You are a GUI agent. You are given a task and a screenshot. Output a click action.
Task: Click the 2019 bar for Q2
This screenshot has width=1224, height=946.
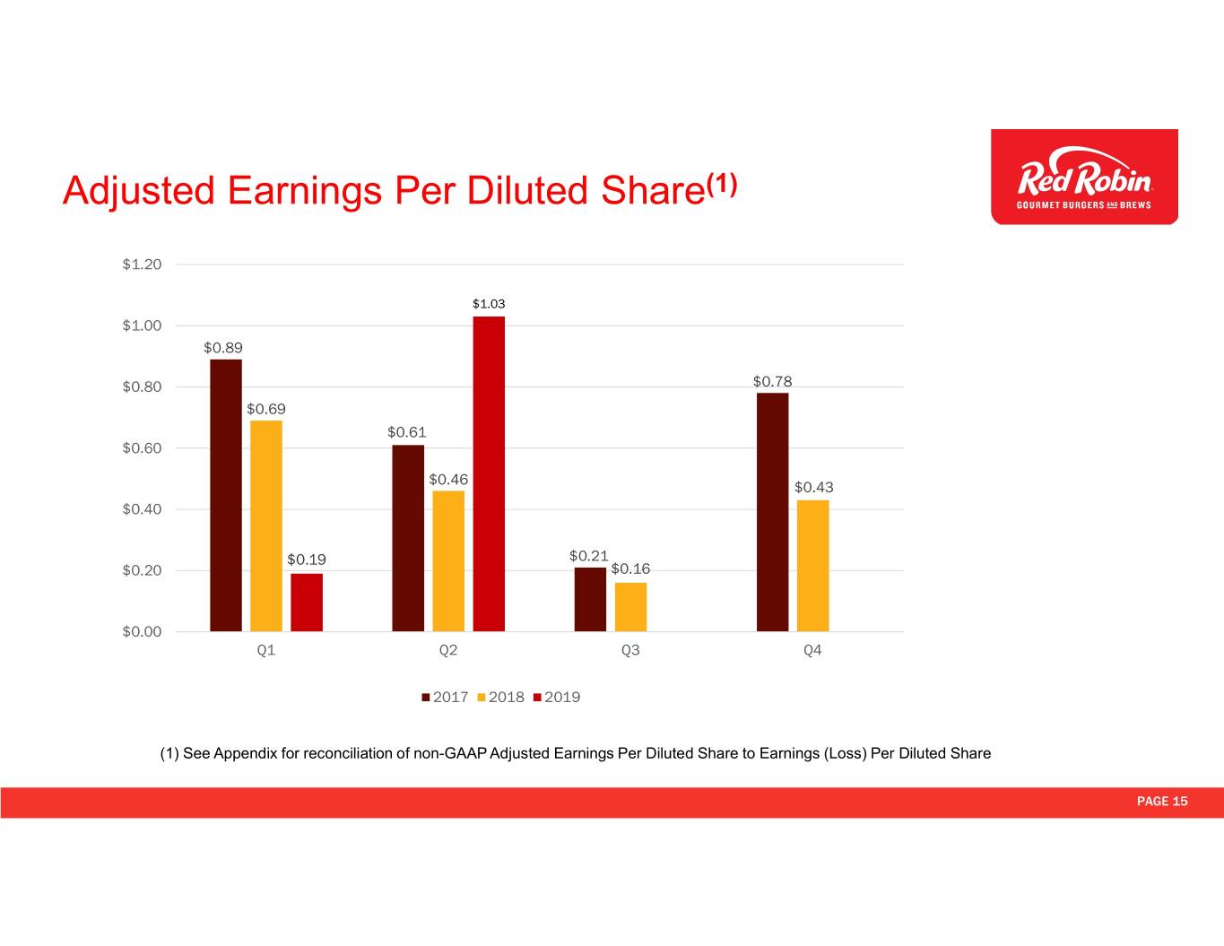(x=489, y=473)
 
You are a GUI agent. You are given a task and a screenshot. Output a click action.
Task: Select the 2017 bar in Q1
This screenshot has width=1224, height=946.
(x=226, y=495)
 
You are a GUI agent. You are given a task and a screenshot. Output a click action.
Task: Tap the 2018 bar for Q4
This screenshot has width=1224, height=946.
(x=812, y=565)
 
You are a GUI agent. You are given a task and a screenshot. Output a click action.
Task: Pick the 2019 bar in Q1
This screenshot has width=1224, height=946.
(x=307, y=602)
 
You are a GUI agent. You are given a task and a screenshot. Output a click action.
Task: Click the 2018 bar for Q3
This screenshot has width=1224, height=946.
(x=630, y=607)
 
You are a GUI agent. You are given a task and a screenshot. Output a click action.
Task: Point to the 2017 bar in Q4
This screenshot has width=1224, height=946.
(x=772, y=512)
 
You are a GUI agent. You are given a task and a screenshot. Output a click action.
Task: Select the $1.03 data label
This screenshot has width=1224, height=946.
(x=489, y=304)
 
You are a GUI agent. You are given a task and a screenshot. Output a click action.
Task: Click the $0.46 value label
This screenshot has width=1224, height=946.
(x=448, y=479)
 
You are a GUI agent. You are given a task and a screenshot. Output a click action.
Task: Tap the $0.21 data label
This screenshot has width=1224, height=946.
(x=588, y=556)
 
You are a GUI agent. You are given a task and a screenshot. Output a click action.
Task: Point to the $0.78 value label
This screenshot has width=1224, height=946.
(x=772, y=381)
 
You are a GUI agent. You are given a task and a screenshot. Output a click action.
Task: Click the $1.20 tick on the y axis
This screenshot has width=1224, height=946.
(x=142, y=265)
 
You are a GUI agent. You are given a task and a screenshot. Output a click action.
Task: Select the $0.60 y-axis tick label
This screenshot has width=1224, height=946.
(x=142, y=448)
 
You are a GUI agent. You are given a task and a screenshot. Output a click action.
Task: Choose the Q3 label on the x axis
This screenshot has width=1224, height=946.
(x=630, y=650)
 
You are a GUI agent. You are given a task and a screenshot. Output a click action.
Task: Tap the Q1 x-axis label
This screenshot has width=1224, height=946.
(x=265, y=650)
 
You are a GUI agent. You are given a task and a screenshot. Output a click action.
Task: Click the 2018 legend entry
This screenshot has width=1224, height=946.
(x=500, y=697)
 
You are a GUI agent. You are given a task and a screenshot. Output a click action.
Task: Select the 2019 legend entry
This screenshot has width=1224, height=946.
(x=557, y=697)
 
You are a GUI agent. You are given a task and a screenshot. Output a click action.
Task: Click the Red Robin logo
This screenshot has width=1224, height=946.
(x=1084, y=177)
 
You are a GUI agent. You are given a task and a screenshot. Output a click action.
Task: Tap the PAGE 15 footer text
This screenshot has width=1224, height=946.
(x=1162, y=802)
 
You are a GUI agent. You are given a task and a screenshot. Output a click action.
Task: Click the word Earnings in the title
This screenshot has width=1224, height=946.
(x=305, y=192)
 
